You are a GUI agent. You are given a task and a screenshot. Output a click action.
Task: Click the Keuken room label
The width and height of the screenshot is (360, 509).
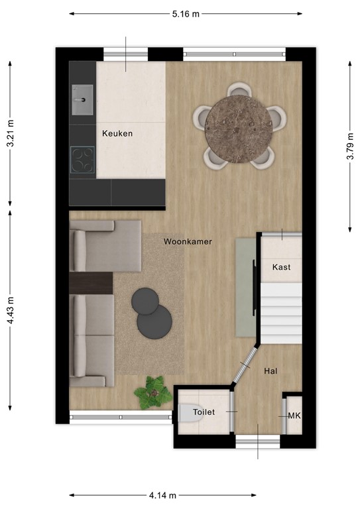point(117,133)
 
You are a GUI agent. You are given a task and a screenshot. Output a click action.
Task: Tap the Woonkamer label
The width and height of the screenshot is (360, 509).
point(188,242)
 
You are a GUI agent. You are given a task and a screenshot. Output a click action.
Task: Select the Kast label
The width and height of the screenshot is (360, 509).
point(281,267)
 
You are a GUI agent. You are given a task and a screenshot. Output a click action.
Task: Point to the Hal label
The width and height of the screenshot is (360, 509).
point(270,371)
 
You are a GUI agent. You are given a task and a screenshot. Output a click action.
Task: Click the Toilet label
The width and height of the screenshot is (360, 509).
point(204,412)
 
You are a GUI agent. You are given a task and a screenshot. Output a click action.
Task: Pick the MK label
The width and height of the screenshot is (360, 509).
point(294,416)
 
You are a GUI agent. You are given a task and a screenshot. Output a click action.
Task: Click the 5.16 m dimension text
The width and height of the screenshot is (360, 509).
point(185,14)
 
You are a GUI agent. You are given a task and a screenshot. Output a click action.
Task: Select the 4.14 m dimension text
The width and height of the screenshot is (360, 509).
point(162,495)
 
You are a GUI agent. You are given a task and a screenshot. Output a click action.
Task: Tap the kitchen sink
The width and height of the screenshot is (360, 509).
point(83,100)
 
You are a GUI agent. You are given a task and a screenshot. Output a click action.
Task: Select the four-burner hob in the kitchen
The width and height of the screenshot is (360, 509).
point(83,160)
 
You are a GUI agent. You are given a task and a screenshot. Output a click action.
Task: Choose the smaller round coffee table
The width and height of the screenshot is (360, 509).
point(145,302)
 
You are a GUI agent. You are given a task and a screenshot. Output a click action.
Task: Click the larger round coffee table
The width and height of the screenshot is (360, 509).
point(154,323)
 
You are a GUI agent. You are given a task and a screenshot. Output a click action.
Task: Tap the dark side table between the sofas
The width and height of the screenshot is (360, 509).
point(91,283)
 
